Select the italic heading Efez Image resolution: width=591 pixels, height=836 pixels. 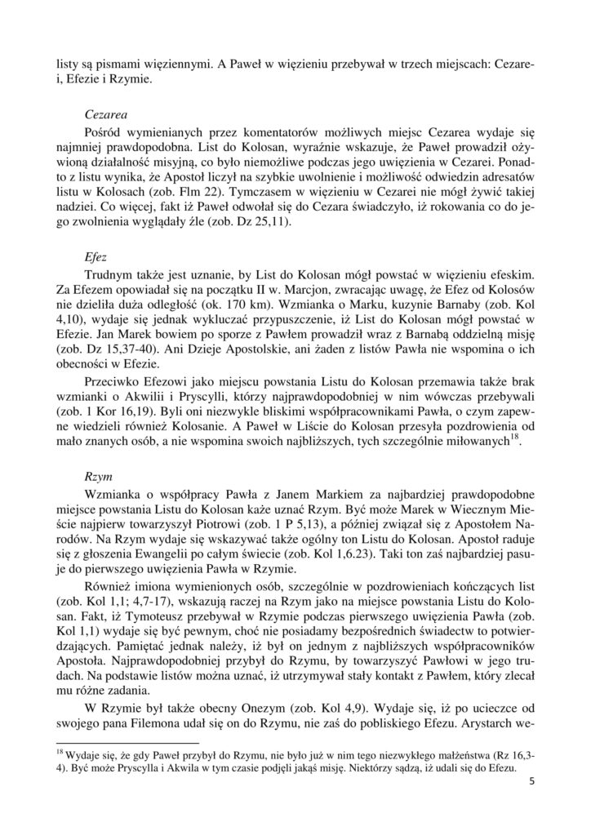pyautogui.click(x=96, y=256)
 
